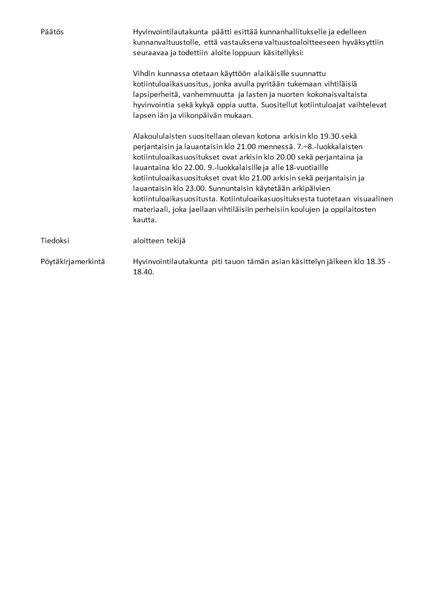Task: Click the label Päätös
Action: point(52,32)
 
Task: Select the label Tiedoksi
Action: point(54,241)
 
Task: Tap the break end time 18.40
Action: point(143,272)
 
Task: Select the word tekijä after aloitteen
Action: point(177,241)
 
